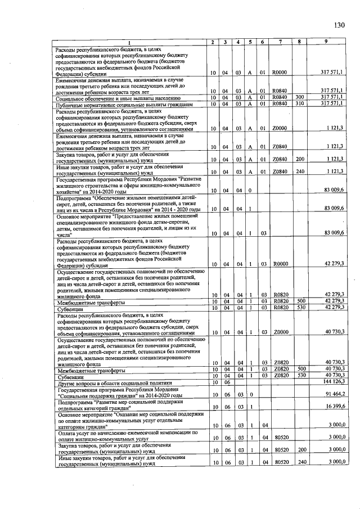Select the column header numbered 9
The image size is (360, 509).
[326, 43]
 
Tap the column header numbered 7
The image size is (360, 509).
[279, 43]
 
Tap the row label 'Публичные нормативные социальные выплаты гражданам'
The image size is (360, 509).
[124, 104]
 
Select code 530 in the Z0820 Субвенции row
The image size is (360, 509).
[300, 374]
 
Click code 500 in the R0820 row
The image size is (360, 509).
[300, 301]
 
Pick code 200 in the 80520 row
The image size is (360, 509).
[300, 451]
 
